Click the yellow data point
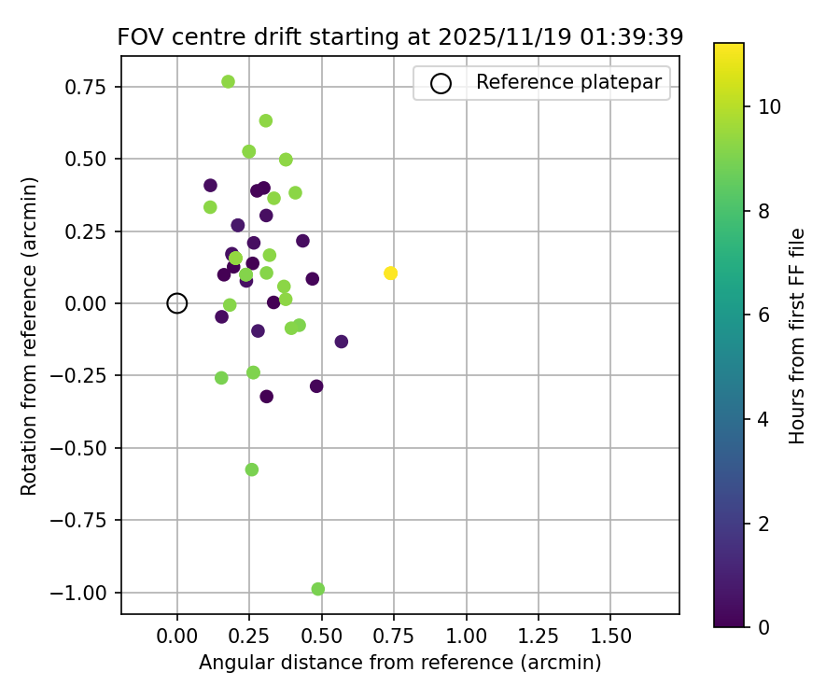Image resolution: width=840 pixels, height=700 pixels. point(390,273)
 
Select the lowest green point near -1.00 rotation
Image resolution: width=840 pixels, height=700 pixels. point(318,589)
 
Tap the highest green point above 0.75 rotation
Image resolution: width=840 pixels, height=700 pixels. point(228,82)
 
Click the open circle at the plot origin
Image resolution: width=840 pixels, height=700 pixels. point(177,303)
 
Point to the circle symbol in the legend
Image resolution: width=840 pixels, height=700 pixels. point(441,83)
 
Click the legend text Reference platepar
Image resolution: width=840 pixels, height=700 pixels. point(568,82)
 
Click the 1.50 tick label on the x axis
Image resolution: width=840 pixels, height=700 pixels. point(609,636)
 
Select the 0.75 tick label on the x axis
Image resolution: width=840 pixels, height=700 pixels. point(393,636)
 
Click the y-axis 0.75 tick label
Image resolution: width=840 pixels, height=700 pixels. point(89,87)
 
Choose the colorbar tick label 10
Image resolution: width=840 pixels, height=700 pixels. point(769,107)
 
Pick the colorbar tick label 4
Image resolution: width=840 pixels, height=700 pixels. point(763,419)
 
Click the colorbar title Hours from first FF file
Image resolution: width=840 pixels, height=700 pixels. point(796,336)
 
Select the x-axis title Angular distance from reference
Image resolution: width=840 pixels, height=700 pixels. point(399,663)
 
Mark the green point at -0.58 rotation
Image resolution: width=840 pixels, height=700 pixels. point(252,469)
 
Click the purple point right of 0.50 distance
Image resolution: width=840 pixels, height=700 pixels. point(342,342)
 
